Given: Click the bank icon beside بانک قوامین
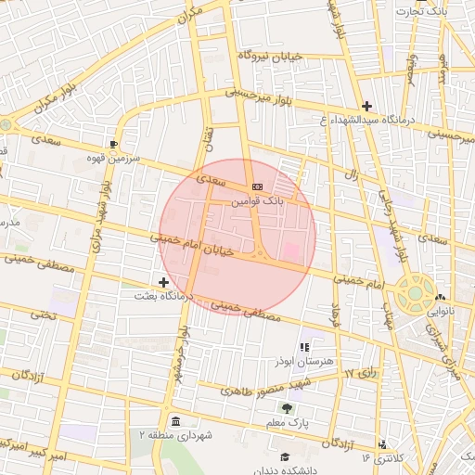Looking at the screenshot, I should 257,186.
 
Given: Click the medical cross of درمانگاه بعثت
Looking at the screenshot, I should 164,281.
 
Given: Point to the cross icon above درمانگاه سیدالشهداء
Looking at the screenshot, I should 367,106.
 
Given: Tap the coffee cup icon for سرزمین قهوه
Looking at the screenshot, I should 113,144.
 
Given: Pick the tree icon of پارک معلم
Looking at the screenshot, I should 286,406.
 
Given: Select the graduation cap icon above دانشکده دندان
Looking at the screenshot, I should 286,456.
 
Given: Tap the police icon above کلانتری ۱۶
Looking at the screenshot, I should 382,444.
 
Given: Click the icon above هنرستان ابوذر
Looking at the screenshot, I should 304,346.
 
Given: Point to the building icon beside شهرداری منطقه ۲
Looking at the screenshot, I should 176,418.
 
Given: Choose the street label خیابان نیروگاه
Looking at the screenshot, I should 271,57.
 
